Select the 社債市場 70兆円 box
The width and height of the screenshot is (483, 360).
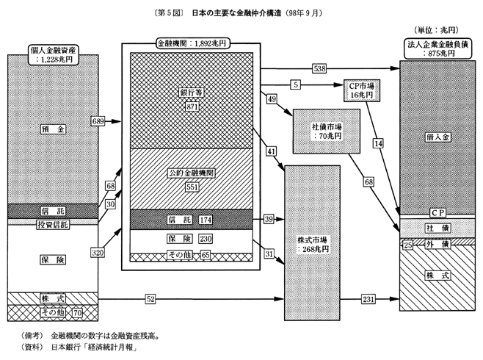(325, 130)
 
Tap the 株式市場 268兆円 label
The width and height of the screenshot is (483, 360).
(311, 242)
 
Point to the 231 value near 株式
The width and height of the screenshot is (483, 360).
(368, 299)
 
